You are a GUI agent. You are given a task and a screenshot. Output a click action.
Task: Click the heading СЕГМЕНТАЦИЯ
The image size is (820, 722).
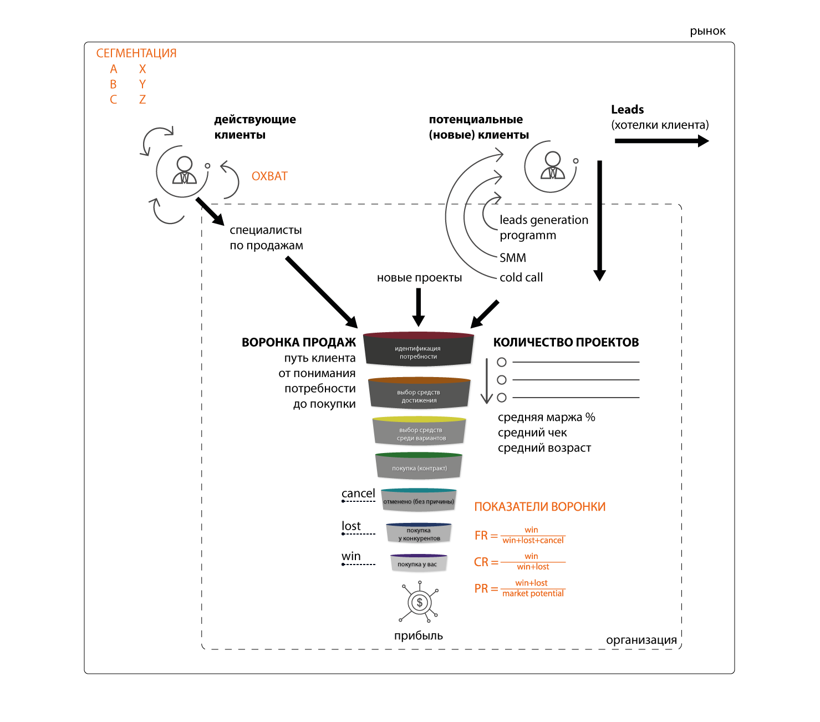136,53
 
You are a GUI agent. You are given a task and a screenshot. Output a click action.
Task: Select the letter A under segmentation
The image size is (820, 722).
114,69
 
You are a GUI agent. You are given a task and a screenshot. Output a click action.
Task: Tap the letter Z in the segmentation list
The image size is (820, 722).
142,100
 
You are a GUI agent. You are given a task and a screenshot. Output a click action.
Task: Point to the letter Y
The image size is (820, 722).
142,84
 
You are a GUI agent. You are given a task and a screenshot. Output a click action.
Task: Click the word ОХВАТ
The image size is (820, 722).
269,176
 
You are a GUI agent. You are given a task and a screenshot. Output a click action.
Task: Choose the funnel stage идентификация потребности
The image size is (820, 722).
418,352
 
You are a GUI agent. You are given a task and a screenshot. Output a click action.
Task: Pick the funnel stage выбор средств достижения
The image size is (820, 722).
419,396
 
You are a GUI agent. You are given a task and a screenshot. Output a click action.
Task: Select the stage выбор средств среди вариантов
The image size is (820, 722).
421,434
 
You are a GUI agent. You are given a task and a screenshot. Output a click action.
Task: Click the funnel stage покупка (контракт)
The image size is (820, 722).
419,468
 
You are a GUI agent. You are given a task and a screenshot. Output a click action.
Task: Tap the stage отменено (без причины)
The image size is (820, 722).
419,501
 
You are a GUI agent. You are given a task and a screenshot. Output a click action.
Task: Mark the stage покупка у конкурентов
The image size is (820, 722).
419,534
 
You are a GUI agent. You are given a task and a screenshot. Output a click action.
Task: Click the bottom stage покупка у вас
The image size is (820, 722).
417,564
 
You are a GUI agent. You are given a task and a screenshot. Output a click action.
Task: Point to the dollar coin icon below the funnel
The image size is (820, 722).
420,602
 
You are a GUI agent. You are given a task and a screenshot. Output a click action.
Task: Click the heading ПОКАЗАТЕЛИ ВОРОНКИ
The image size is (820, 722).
540,507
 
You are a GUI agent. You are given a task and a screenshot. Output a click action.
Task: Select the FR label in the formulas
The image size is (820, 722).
481,536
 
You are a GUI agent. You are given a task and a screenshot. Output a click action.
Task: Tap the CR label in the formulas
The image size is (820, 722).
481,562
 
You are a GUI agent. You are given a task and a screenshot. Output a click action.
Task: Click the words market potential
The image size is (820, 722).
533,594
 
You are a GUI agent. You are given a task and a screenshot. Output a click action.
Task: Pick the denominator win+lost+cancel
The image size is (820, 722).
533,541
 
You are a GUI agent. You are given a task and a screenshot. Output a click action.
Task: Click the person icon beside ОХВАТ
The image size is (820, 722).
185,170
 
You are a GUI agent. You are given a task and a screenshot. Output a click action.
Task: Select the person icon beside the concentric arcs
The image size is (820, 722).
553,165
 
